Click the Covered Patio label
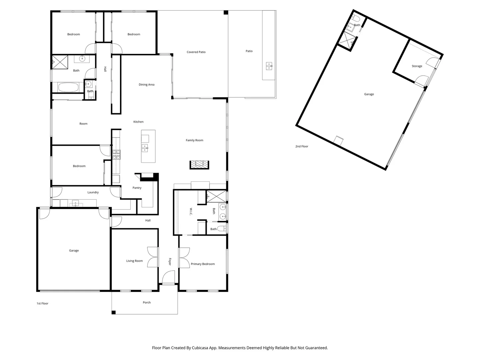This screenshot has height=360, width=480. pos(196,52)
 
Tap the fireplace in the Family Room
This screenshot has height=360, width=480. pos(199,164)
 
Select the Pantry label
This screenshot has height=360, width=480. pos(137,188)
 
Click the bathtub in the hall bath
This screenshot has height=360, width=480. pos(68,88)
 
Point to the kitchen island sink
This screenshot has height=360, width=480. pos(145,148)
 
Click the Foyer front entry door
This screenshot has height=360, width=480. pos(169,277)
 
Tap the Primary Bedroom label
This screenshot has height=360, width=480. pos(203,264)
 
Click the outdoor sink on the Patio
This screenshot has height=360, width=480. pos(269,66)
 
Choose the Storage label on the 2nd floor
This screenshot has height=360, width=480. pos(417,66)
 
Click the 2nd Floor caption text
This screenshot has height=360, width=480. pos(302,146)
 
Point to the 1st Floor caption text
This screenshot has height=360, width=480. pos(42,303)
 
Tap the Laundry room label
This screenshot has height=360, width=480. pos(93,192)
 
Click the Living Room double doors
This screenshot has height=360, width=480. pos(153,257)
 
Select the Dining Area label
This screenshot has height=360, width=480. pos(146,84)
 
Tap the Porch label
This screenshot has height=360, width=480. pos(147,302)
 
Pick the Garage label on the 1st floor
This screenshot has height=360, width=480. pos(74,250)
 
